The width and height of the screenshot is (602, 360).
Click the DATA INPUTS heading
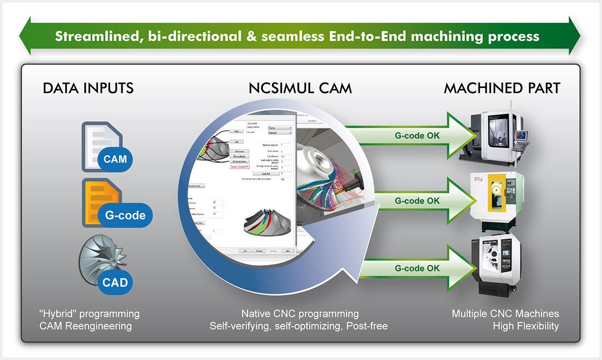click(x=88, y=87)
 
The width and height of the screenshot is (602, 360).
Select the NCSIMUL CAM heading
click(x=300, y=87)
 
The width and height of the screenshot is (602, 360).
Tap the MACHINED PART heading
click(x=502, y=87)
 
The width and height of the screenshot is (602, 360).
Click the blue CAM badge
click(x=115, y=159)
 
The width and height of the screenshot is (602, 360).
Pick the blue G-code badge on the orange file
click(x=125, y=216)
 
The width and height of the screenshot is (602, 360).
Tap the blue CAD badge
click(x=115, y=282)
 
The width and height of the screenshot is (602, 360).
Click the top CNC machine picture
click(x=495, y=135)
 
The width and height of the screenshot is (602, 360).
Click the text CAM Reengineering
click(x=85, y=326)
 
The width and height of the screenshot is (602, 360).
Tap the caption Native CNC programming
click(x=299, y=314)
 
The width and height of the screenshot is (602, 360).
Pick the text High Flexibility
click(x=526, y=326)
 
